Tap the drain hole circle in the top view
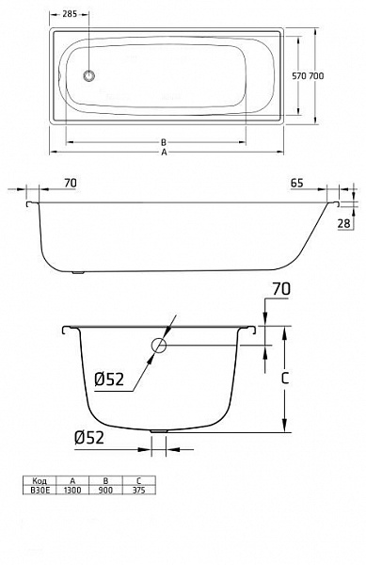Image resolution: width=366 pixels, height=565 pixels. pos(89,76)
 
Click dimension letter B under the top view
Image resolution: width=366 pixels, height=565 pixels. pos(163,142)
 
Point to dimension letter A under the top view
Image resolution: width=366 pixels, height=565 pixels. pos(163,153)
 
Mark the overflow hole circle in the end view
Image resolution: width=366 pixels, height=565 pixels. pos(158,347)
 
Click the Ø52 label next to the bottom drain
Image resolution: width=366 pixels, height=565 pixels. pos(88,436)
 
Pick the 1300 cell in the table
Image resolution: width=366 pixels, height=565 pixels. pos(72,489)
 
